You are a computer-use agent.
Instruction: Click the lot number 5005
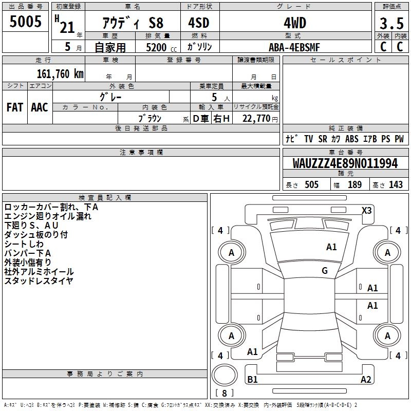pyautogui.click(x=25, y=21)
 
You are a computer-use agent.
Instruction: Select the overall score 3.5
pyautogui.click(x=391, y=23)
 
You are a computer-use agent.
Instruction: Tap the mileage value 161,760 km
pyautogui.click(x=60, y=73)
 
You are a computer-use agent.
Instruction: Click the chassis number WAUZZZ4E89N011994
pyautogui.click(x=345, y=163)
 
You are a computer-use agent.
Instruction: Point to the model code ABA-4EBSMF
pyautogui.click(x=294, y=47)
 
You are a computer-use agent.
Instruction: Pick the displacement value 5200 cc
pyautogui.click(x=161, y=47)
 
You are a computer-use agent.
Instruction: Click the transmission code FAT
pyautogui.click(x=15, y=107)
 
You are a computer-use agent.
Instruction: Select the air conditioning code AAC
pyautogui.click(x=40, y=107)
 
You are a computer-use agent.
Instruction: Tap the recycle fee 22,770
pyautogui.click(x=256, y=119)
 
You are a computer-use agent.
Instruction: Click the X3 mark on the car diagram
pyautogui.click(x=366, y=211)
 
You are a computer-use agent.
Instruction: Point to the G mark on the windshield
pyautogui.click(x=325, y=271)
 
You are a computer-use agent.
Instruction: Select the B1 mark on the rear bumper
pyautogui.click(x=252, y=379)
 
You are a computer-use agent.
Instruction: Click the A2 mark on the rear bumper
pyautogui.click(x=366, y=379)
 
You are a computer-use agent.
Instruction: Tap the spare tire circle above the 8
pyautogui.click(x=225, y=375)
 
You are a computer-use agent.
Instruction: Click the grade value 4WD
pyautogui.click(x=295, y=23)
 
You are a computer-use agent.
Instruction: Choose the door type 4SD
pyautogui.click(x=199, y=23)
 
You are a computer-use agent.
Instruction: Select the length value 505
pyautogui.click(x=311, y=184)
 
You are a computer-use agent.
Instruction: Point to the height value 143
pyautogui.click(x=396, y=184)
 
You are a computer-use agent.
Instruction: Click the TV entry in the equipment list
pyautogui.click(x=309, y=139)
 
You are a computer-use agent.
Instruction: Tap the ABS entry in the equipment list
pyautogui.click(x=352, y=139)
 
